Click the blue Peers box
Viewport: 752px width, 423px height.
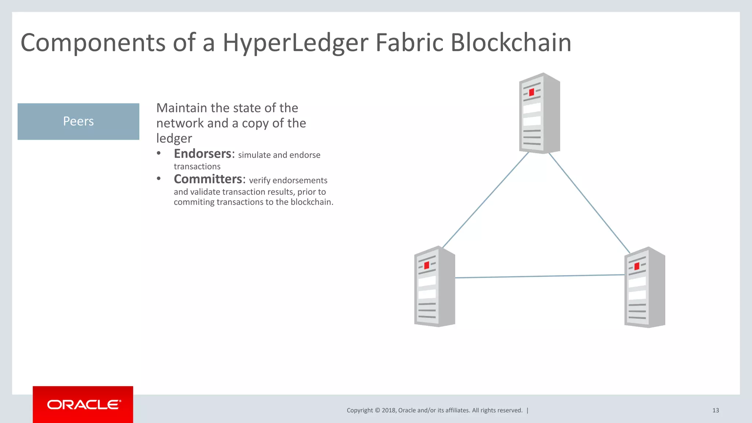pos(78,121)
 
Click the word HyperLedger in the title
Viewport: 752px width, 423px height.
pos(295,43)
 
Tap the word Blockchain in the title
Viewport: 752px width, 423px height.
pos(510,43)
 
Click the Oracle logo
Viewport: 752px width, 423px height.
pos(83,405)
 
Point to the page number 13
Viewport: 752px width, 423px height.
pos(715,410)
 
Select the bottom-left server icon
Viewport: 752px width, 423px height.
pos(434,287)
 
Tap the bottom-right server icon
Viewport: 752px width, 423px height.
pos(644,287)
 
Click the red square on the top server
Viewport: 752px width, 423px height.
pos(531,92)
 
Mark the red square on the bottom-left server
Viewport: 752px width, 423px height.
pos(427,265)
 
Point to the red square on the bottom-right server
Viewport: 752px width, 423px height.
pos(637,266)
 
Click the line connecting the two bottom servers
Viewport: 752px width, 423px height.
pos(540,276)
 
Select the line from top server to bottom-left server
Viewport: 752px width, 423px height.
pos(485,200)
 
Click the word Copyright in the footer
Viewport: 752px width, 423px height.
pos(359,410)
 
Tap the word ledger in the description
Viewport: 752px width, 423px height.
pos(174,139)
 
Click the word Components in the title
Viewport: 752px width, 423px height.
pos(93,43)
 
